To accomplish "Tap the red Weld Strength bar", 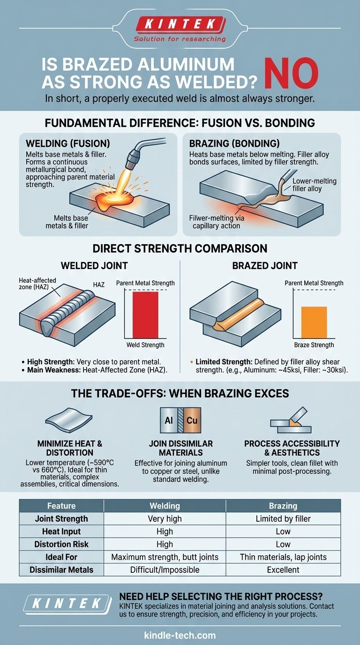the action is pos(145,315).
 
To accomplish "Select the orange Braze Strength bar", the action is pos(314,322).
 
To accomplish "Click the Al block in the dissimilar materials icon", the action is pos(169,420).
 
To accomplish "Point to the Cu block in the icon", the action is pos(192,420).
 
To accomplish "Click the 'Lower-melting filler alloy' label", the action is pos(314,185).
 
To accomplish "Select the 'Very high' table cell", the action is pos(165,518).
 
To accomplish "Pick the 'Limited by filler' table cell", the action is pos(283,518).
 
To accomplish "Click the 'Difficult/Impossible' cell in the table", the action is pos(165,570).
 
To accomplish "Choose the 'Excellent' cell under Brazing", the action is pos(283,570).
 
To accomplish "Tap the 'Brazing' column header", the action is pos(283,506).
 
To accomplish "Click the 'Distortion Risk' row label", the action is pos(61,544).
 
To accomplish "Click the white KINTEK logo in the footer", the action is pos(67,603).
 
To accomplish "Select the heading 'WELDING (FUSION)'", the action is pos(67,143).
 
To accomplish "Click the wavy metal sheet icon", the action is pos(69,420).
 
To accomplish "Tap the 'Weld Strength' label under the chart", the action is pos(145,345).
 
